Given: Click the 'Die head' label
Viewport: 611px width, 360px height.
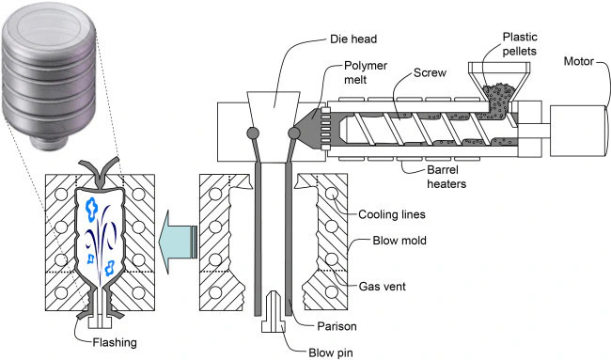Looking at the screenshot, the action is tap(353, 39).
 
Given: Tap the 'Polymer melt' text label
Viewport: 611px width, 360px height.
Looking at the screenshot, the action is tap(366, 72).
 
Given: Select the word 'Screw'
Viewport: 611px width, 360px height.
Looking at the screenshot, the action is tap(430, 73).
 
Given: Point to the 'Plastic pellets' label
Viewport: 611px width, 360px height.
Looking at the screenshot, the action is tap(520, 44).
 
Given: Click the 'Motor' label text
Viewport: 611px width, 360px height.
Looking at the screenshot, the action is tap(579, 61).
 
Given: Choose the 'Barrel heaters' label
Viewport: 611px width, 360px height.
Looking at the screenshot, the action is tap(446, 177).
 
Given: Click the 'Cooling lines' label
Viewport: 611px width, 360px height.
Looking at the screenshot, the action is tap(392, 214).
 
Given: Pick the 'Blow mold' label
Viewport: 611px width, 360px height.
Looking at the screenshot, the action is tap(399, 241).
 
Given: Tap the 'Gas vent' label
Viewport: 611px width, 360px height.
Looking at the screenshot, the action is tap(382, 287).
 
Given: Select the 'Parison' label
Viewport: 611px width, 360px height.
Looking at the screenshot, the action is tap(337, 326).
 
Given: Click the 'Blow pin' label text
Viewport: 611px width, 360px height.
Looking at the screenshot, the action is tap(331, 352).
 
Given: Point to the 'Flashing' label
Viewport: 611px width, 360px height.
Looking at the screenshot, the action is tap(115, 342).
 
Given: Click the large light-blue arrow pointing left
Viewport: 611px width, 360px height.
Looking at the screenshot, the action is tap(178, 242).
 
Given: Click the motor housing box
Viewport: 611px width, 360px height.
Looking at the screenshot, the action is tap(579, 131).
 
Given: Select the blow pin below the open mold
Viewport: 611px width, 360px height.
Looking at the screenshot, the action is tap(274, 312).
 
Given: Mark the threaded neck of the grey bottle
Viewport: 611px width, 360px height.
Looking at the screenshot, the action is tap(49, 141).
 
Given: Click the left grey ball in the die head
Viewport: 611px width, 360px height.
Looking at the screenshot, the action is tap(253, 133).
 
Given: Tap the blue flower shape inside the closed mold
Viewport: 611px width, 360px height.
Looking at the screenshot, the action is tap(92, 208).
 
